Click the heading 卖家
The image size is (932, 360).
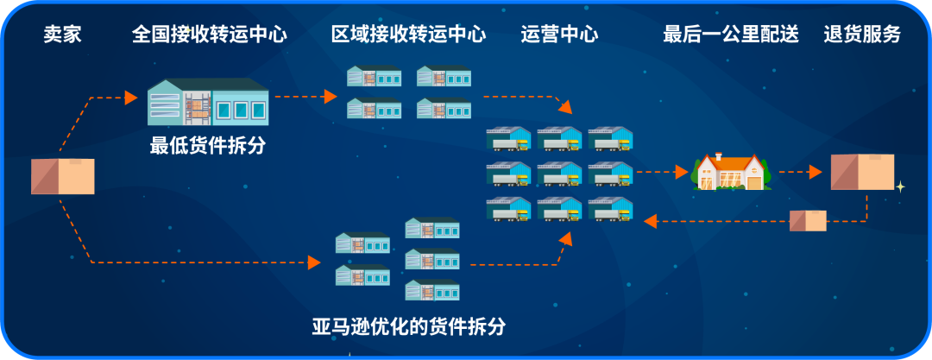(62, 35)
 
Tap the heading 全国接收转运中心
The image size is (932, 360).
(210, 35)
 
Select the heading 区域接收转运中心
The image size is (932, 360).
(408, 35)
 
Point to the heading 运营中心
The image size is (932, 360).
(559, 35)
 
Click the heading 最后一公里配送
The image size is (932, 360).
(730, 35)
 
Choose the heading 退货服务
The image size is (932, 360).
(862, 35)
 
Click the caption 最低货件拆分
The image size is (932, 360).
(207, 147)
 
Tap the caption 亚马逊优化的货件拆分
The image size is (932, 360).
(408, 327)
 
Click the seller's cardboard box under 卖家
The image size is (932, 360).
(62, 176)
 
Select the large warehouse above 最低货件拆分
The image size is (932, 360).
(208, 102)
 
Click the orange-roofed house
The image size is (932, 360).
(731, 173)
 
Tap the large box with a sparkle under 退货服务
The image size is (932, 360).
(861, 172)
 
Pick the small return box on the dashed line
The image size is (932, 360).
(808, 221)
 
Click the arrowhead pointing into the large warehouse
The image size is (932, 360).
(131, 97)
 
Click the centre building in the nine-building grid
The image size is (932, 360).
(559, 174)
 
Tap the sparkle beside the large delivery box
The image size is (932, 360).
(900, 186)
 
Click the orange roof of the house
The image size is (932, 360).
(731, 161)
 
